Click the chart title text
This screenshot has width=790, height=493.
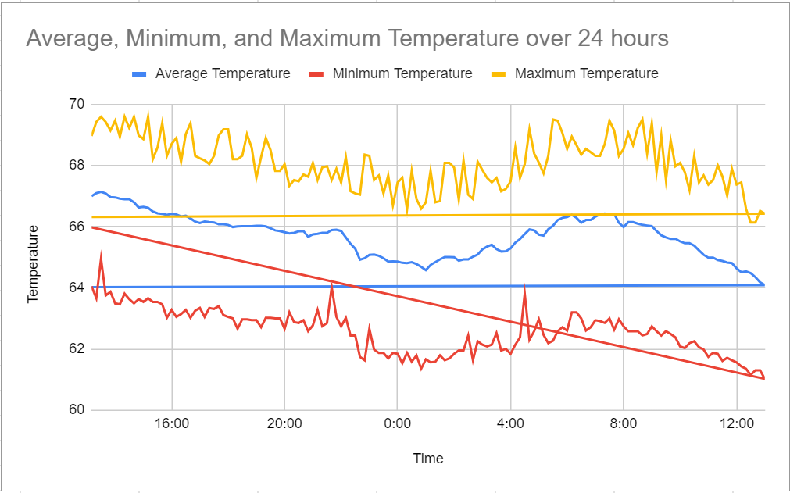347,38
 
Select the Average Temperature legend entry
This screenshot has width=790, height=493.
223,73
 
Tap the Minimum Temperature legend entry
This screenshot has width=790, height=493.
402,73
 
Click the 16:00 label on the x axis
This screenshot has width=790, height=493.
171,425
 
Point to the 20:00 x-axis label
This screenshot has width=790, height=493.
284,425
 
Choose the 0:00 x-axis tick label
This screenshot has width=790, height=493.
397,425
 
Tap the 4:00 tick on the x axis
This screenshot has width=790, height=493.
510,425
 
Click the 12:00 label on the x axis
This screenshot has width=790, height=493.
736,425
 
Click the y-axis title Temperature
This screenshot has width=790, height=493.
34,263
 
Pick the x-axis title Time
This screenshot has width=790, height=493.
428,459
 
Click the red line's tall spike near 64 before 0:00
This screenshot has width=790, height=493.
332,284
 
